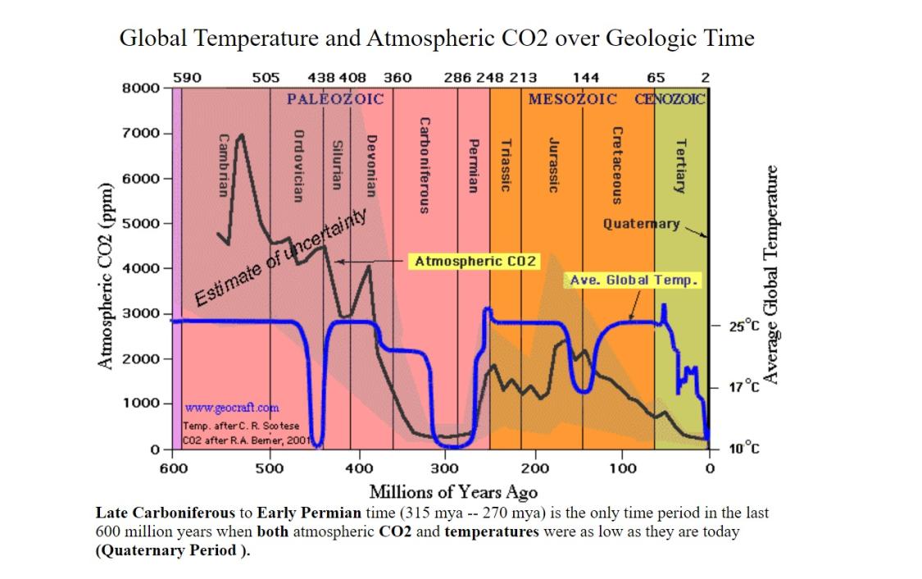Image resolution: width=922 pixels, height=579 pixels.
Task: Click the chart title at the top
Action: (437, 39)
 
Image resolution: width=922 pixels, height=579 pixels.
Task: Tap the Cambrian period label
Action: (221, 164)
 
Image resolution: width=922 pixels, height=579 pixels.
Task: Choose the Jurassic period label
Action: (553, 164)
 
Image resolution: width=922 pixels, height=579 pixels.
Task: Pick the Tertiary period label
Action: (679, 164)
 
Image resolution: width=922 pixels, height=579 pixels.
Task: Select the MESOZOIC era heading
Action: (573, 99)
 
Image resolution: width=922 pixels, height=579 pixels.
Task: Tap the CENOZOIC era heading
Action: (670, 99)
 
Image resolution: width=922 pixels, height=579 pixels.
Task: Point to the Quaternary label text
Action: (641, 223)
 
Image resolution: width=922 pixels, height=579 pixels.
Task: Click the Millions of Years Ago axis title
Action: (453, 492)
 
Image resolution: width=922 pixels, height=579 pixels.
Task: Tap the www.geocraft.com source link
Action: (232, 408)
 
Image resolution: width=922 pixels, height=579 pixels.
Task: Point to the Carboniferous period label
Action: (424, 164)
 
